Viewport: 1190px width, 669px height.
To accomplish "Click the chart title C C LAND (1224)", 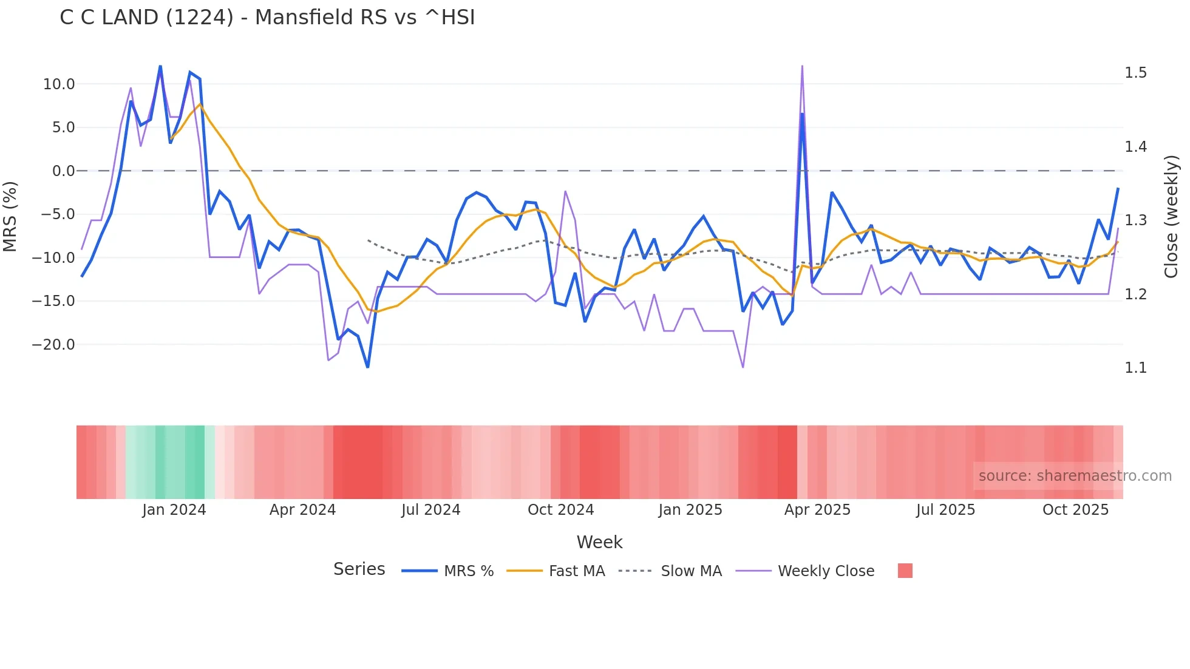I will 267,18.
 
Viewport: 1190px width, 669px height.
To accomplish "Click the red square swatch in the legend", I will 905,571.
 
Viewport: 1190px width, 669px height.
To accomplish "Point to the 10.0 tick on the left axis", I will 59,84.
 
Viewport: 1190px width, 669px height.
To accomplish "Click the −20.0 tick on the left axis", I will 53,345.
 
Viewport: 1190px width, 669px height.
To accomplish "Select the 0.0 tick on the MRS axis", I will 63,171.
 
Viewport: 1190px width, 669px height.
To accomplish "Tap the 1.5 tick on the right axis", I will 1135,73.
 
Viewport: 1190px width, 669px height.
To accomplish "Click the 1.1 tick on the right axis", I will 1135,368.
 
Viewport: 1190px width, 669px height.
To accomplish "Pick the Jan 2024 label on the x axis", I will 174,510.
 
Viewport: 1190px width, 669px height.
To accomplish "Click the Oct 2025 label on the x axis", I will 1075,510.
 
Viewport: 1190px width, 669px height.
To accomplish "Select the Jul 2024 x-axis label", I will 431,510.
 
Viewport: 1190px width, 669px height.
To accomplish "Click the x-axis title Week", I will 599,542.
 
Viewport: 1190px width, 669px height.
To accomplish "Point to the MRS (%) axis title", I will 10,217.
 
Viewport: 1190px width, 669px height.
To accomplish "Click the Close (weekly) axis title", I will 1171,217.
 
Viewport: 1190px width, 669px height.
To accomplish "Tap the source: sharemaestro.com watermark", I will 1075,476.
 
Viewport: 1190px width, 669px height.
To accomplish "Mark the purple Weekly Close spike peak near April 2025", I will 802,66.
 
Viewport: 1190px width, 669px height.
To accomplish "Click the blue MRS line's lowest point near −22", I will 367,367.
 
